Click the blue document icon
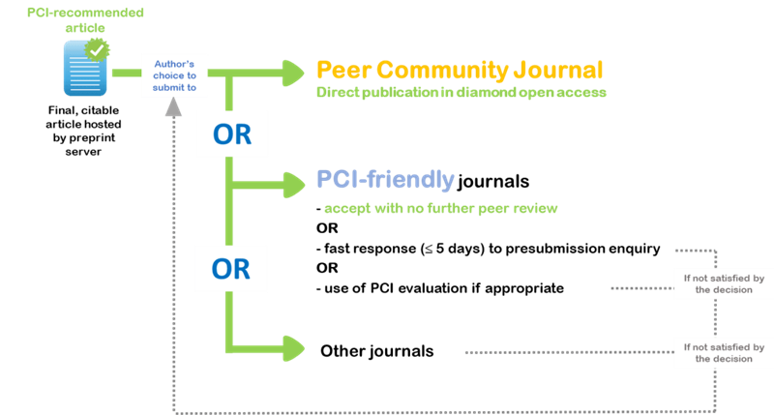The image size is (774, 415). click(x=85, y=68)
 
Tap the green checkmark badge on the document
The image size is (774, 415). click(x=97, y=50)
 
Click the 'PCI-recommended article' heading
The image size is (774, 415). click(x=85, y=20)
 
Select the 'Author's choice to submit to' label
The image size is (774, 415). click(x=174, y=75)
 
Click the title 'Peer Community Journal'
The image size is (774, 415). click(x=460, y=70)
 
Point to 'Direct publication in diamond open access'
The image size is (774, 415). click(x=461, y=92)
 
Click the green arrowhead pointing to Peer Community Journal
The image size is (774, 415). click(x=293, y=73)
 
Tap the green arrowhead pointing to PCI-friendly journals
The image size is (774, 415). click(x=294, y=185)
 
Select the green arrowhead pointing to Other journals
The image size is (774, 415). click(x=294, y=348)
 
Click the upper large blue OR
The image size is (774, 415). click(x=232, y=134)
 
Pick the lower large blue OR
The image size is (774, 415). click(x=231, y=269)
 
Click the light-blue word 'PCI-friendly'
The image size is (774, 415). click(x=385, y=180)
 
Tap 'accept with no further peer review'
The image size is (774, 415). click(x=441, y=208)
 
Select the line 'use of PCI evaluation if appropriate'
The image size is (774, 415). click(x=440, y=288)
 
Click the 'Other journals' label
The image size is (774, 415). click(x=377, y=351)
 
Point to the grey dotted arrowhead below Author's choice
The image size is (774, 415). click(x=173, y=106)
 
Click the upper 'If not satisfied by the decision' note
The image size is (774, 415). click(x=724, y=283)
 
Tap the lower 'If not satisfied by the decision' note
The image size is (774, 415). click(x=724, y=353)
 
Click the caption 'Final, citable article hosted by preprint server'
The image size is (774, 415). click(x=83, y=131)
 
